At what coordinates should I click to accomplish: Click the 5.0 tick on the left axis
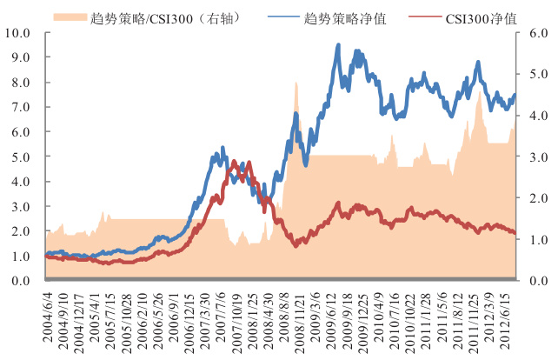coord(21,157)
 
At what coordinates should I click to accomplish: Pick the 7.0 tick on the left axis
coord(21,108)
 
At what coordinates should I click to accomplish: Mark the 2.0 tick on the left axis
coord(21,232)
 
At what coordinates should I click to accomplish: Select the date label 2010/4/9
coord(379,320)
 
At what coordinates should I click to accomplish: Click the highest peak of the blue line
coord(338,45)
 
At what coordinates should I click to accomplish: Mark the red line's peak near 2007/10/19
coord(234,161)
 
